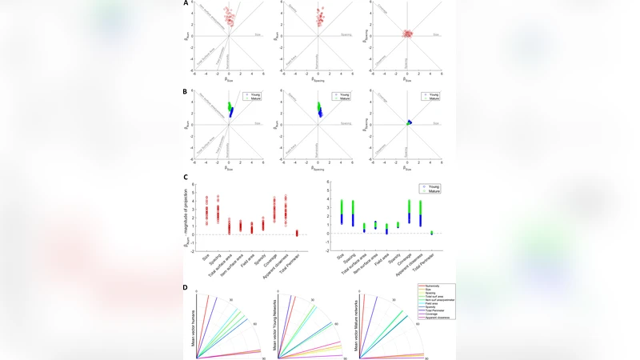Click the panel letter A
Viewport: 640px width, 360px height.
point(186,3)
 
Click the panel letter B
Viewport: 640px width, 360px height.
point(186,92)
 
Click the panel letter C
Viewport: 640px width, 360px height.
point(186,178)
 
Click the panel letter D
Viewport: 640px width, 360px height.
point(186,286)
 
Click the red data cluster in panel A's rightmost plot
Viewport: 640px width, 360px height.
point(407,34)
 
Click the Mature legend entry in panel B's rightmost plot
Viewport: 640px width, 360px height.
point(434,98)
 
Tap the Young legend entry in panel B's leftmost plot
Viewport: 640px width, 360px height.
point(255,94)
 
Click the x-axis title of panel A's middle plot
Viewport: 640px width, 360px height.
point(319,81)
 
